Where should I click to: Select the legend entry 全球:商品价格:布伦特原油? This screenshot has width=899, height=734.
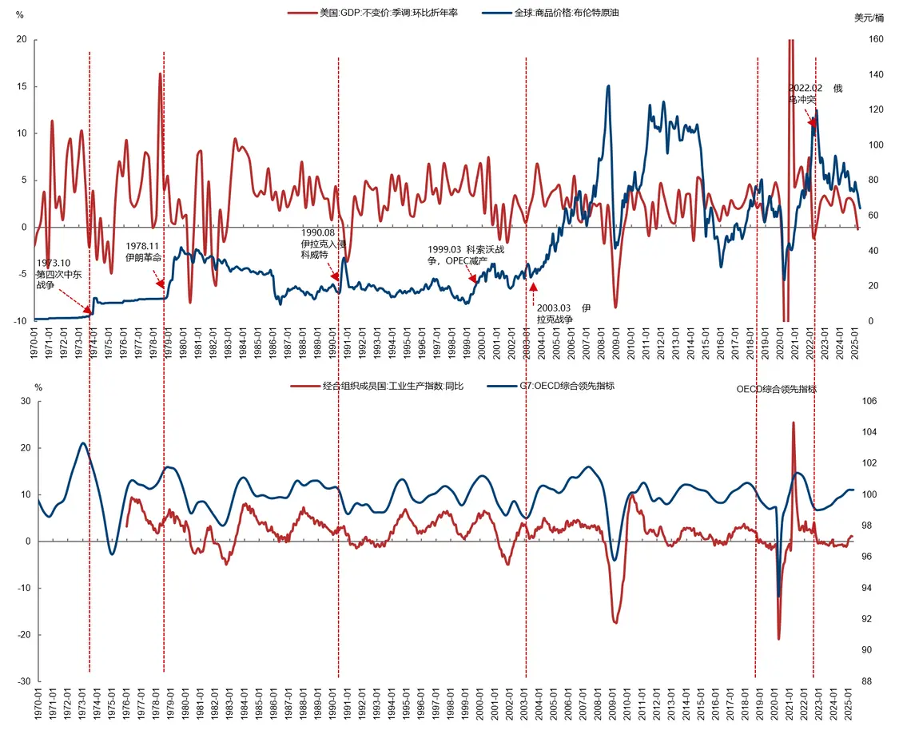(567, 14)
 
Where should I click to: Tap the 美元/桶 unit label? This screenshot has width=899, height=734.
(869, 18)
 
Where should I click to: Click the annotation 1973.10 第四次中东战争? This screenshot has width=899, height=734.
(58, 274)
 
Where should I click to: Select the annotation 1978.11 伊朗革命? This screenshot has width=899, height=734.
(144, 252)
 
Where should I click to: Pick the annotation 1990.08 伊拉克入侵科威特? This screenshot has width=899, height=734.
(323, 243)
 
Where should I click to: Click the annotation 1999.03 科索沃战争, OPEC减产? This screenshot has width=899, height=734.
(467, 254)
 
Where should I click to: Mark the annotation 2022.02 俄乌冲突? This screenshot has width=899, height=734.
(813, 93)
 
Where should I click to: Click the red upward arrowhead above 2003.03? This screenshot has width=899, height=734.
(533, 286)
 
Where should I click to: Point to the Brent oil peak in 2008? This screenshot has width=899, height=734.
(609, 86)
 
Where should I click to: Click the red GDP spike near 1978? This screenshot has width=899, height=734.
(160, 74)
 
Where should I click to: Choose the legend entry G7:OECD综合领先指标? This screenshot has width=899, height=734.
(567, 386)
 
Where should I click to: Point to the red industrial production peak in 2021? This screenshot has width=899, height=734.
(794, 423)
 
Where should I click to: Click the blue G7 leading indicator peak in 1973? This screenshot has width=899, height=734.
(83, 443)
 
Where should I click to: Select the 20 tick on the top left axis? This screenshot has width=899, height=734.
(22, 40)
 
